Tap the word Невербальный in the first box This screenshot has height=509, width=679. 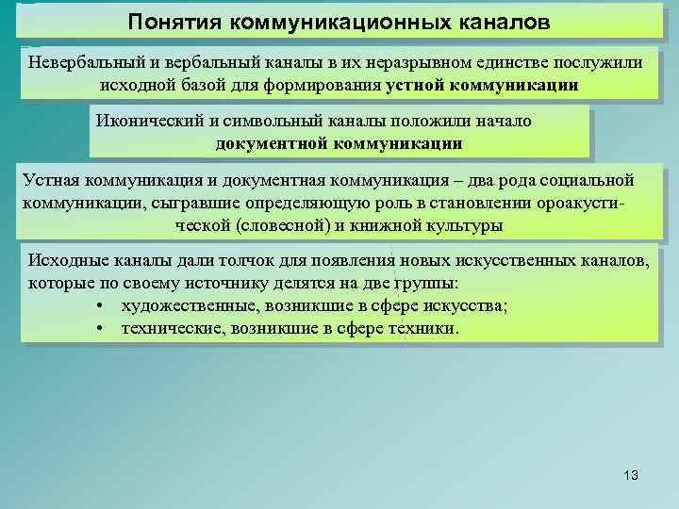point(83,62)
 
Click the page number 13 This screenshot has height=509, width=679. point(631,476)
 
